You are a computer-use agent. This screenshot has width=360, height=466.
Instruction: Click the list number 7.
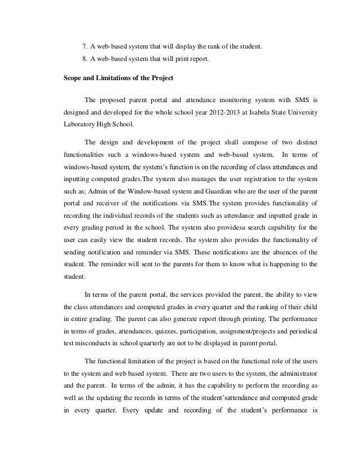pyautogui.click(x=85, y=45)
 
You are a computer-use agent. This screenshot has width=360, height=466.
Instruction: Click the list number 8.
pyautogui.click(x=85, y=58)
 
